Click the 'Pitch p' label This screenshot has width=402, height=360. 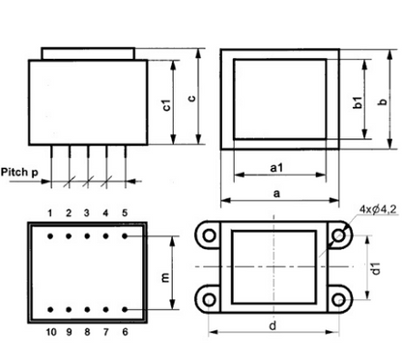click(x=19, y=173)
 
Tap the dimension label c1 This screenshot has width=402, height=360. click(x=166, y=105)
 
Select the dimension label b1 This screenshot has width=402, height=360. click(x=358, y=102)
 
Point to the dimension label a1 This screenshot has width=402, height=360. click(x=276, y=167)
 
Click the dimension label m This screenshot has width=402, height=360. click(x=165, y=277)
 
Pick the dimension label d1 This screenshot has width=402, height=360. click(x=376, y=268)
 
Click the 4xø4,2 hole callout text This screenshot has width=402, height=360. click(x=378, y=209)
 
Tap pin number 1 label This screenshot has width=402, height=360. click(x=50, y=213)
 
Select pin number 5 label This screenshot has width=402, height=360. click(x=125, y=213)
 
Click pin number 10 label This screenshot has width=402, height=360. click(x=51, y=332)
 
